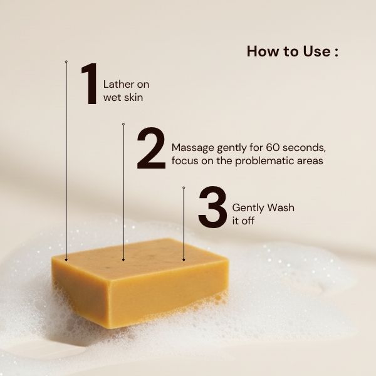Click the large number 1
[x=89, y=84]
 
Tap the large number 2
[x=150, y=149]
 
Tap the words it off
[x=244, y=221]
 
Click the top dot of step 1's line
[x=66, y=61]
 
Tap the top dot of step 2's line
[x=123, y=124]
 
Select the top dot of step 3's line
[x=184, y=187]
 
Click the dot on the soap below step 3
[x=184, y=259]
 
